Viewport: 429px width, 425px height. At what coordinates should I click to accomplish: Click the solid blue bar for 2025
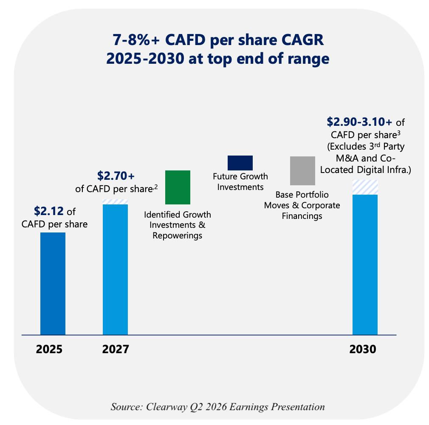point(53,283)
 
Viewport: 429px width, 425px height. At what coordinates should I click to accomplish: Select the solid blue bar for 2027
point(115,269)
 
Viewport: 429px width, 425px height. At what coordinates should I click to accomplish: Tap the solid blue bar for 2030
point(365,264)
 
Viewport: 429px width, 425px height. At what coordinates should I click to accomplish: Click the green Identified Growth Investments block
point(178,187)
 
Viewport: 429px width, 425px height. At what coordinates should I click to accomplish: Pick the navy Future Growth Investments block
point(240,163)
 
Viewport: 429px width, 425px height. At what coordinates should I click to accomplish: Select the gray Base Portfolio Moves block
point(302,170)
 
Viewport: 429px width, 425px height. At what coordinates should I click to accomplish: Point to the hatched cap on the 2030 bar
point(365,187)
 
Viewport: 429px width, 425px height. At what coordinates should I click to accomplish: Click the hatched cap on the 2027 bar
point(115,202)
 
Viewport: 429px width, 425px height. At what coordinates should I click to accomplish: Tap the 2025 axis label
point(49,349)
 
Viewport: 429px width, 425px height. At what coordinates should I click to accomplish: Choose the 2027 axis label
point(116,349)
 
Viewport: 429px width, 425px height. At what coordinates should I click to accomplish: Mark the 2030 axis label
point(363,349)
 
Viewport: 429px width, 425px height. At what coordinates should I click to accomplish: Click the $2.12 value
point(49,211)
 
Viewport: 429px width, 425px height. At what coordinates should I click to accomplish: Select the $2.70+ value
point(116,176)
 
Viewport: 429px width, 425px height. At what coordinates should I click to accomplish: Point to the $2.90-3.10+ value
point(359,122)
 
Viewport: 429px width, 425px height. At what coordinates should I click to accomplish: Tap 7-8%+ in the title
point(136,40)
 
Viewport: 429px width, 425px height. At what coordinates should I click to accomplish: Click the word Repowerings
point(177,236)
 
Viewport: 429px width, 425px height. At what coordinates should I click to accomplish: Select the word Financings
point(302,216)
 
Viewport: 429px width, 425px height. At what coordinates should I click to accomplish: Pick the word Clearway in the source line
point(167,407)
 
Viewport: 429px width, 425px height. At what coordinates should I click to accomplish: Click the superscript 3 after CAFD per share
point(399,133)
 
